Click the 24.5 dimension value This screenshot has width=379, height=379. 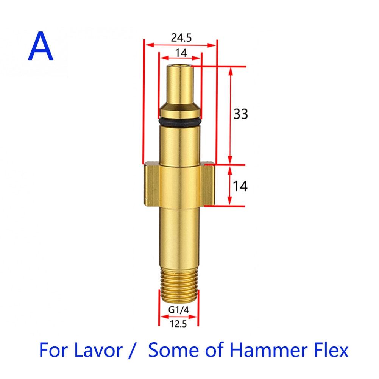click(180, 37)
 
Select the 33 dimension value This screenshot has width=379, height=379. click(240, 114)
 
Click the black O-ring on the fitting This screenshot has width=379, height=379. click(179, 122)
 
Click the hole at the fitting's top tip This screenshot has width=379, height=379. click(180, 67)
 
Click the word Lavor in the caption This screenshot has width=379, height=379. click(100, 351)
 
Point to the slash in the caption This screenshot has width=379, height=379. click(132, 351)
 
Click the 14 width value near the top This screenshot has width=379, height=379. click(181, 53)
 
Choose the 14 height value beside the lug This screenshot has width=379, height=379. click(240, 186)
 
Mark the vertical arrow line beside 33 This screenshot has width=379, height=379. click(229, 114)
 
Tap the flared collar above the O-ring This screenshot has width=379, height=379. click(179, 112)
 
